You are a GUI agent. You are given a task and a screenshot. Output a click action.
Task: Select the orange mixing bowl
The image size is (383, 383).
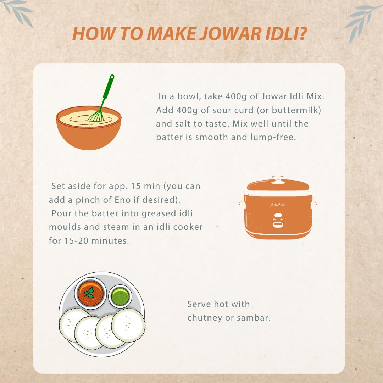[89, 128]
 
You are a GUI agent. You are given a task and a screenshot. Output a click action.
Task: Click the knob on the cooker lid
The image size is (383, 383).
[278, 179]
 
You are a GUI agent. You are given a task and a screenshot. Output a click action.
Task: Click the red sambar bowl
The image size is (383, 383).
[90, 293]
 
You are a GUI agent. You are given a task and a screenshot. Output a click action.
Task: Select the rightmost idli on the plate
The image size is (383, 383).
[128, 325]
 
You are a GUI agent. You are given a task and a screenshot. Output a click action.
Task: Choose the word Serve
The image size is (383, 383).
[199, 304]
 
